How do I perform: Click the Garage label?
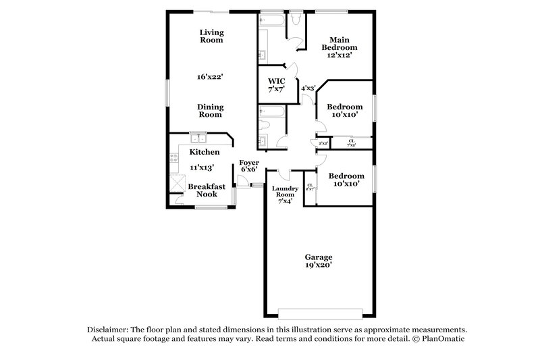(x=318, y=257)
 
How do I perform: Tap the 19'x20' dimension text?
(x=318, y=265)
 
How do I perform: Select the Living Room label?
(x=211, y=36)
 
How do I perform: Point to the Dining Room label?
(x=210, y=110)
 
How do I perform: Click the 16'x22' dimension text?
(x=210, y=77)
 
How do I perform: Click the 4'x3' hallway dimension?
(x=308, y=88)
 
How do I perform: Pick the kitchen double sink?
(x=198, y=138)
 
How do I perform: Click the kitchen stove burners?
(x=173, y=160)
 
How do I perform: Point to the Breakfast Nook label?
(x=202, y=190)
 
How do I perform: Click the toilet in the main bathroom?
(x=295, y=20)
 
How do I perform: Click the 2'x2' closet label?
(x=323, y=143)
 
